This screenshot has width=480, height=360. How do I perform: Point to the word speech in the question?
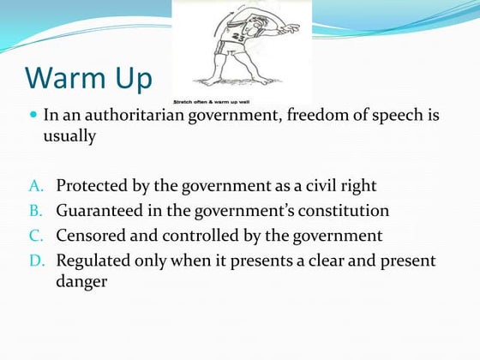pos(404,115)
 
